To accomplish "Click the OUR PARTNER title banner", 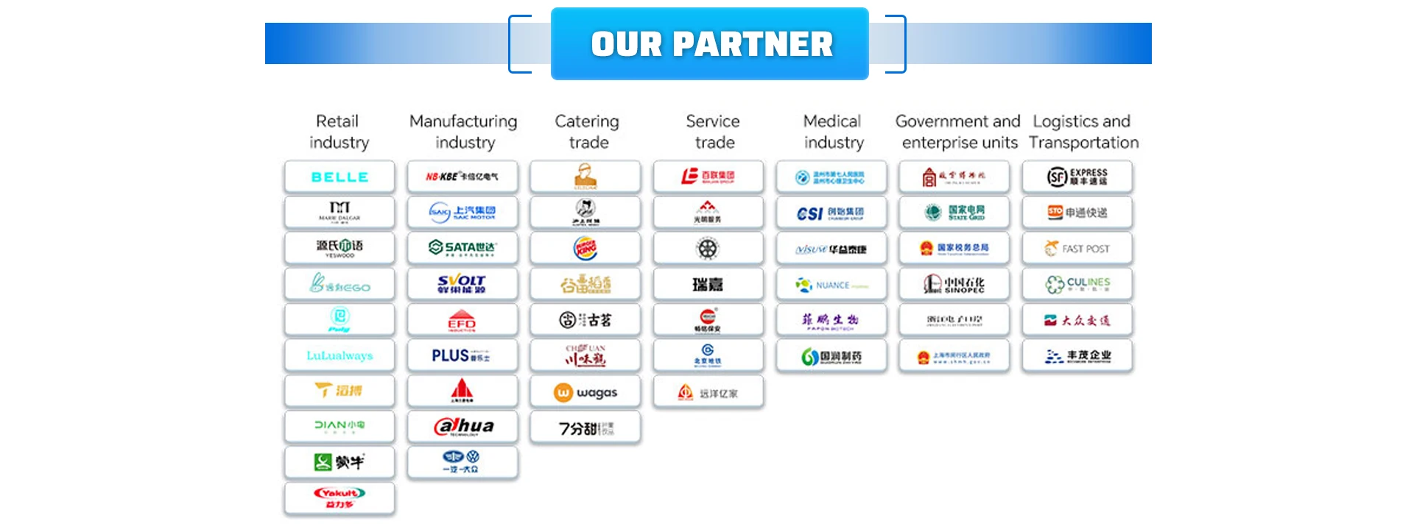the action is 710,44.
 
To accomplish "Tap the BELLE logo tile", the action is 340,177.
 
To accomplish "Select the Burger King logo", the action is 585,249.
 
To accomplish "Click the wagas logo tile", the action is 585,393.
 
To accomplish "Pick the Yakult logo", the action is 340,498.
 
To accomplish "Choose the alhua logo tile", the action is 462,427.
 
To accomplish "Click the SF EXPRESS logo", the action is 1077,177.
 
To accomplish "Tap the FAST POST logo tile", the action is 1077,249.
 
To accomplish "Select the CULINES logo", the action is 1077,284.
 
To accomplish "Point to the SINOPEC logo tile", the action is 954,284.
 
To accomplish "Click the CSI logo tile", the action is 831,213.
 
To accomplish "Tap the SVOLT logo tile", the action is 462,284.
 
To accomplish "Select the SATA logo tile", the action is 462,248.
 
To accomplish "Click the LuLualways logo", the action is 340,355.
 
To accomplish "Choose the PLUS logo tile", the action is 462,355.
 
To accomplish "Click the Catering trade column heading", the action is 588,132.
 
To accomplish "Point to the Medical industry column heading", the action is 833,132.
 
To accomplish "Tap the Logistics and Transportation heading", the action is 1083,132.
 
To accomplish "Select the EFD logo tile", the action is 462,320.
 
